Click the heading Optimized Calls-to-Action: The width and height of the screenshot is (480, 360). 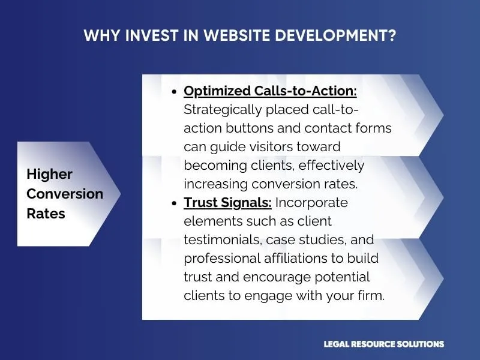(270, 91)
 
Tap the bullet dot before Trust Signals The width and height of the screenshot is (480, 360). (174, 203)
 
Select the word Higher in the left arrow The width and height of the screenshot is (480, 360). (49, 175)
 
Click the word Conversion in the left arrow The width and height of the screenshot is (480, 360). (65, 194)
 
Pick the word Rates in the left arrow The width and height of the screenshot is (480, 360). (46, 214)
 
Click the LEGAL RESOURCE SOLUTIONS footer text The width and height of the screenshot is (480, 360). (383, 344)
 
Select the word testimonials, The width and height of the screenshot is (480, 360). (220, 240)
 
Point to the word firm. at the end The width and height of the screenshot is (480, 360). (370, 296)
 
